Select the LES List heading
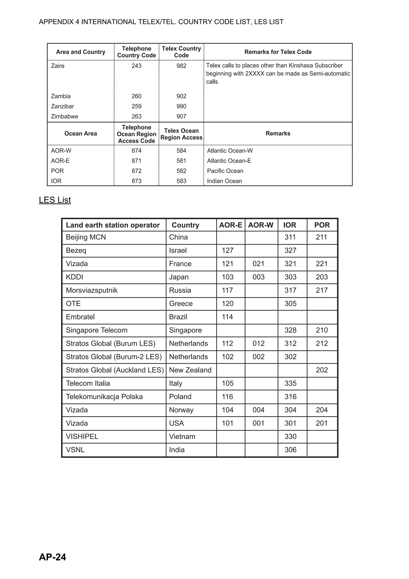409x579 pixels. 55,200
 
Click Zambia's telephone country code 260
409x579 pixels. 136,96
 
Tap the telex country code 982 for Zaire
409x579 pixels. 181,66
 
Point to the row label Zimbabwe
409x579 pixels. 65,116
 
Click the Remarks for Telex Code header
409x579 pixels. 278,52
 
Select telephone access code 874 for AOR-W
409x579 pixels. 136,151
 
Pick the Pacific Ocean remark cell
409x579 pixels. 225,171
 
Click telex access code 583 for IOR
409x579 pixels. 181,181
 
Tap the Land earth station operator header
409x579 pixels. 113,225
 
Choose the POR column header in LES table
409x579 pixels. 322,225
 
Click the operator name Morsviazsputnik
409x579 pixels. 92,290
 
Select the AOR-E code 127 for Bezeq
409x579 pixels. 227,250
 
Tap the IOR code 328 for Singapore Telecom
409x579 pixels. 290,330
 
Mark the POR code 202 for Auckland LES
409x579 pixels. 322,370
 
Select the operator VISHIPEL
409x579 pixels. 82,437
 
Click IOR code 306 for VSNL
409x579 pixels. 290,450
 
